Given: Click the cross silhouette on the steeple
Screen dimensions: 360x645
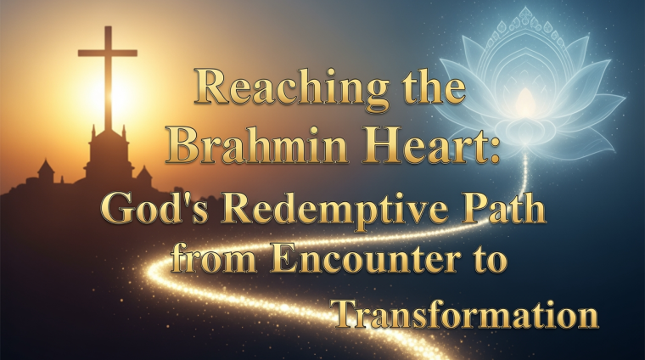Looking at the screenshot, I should (108, 76).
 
